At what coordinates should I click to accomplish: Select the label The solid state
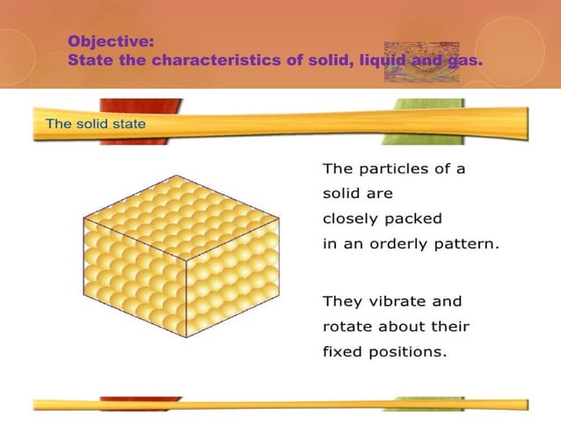96,124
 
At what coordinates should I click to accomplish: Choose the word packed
417,218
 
